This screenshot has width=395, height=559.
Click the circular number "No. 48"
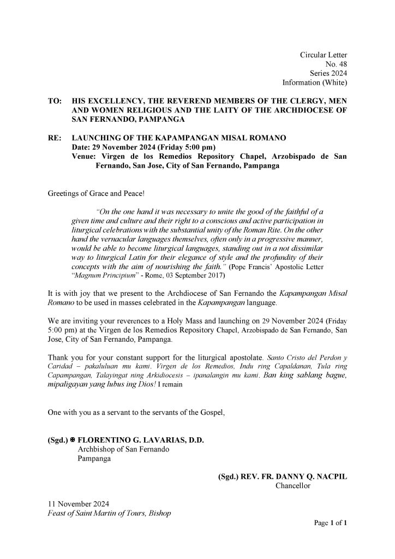tap(336, 64)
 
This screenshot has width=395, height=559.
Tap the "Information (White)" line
tap(315, 83)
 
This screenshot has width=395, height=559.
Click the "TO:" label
tap(55, 102)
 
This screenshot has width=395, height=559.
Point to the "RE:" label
tap(55, 140)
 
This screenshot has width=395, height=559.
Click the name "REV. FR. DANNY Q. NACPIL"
tap(293, 477)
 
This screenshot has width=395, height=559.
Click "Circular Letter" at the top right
tap(324, 55)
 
